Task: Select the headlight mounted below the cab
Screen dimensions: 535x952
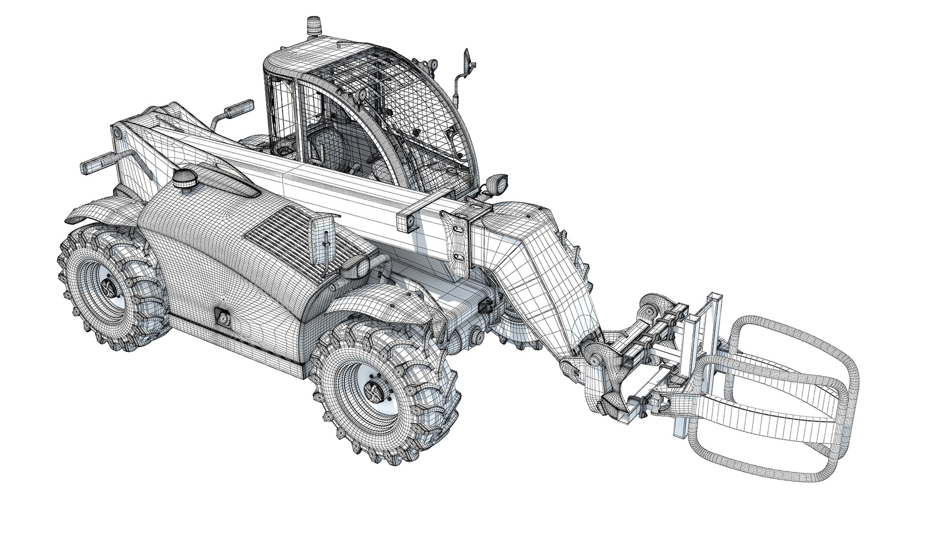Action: pyautogui.click(x=496, y=183)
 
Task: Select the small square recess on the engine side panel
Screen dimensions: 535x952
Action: pyautogui.click(x=222, y=317)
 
